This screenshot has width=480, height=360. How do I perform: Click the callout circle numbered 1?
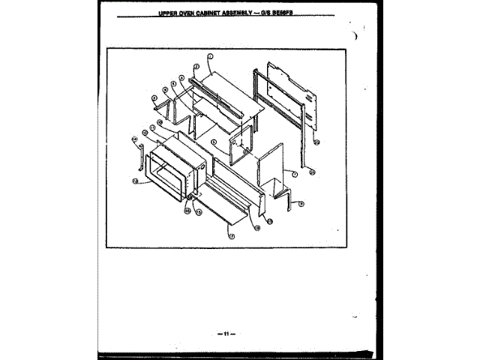211,57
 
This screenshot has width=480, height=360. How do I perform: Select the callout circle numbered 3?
181,77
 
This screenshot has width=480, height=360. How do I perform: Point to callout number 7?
295,174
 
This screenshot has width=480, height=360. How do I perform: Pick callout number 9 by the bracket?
301,203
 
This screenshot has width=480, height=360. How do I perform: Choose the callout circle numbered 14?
135,139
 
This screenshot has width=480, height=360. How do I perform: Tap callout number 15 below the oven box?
199,213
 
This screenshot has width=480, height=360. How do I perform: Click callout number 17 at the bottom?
232,235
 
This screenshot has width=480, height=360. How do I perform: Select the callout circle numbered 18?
257,229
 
